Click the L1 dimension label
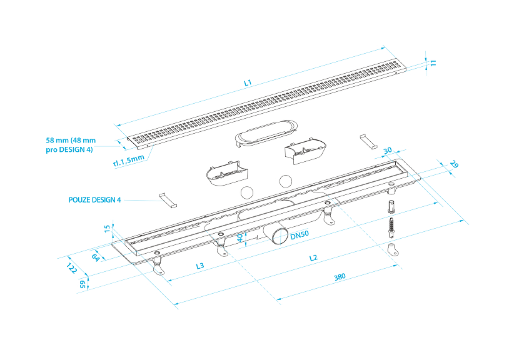click(x=247, y=82)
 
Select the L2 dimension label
click(x=313, y=257)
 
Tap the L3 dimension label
click(x=200, y=266)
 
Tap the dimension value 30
click(x=388, y=151)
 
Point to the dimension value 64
click(x=96, y=256)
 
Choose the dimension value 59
click(x=82, y=284)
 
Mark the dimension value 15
click(x=107, y=229)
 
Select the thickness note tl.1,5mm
click(x=128, y=161)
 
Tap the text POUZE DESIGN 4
click(x=94, y=200)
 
